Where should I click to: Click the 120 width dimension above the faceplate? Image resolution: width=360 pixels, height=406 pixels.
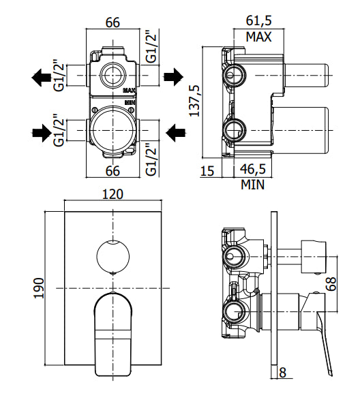pyautogui.click(x=112, y=194)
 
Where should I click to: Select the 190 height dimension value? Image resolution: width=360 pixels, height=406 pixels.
pyautogui.click(x=39, y=290)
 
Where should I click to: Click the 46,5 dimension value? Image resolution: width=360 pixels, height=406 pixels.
pyautogui.click(x=254, y=170)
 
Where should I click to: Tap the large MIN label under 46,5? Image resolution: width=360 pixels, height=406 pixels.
pyautogui.click(x=252, y=184)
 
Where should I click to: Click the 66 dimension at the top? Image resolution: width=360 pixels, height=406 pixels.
pyautogui.click(x=113, y=22)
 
